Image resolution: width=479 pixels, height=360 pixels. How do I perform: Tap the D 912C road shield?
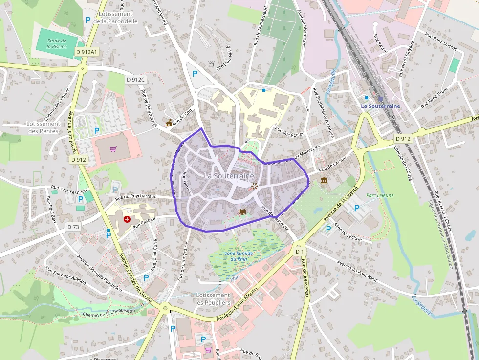click(136, 79)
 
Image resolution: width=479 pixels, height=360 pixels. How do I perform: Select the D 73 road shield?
click(73, 227)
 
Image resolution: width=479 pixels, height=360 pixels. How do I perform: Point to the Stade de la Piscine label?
click(57, 43)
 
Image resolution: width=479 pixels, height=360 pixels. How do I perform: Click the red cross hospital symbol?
click(128, 219)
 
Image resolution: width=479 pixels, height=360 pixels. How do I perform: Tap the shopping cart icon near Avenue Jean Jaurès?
click(113, 149)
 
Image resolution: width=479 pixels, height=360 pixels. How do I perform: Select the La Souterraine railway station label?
click(380, 106)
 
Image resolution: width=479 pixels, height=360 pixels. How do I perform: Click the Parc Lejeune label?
click(380, 195)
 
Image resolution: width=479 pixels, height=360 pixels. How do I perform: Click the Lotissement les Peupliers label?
click(213, 299)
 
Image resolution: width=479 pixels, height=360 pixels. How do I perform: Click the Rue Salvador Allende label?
click(65, 275)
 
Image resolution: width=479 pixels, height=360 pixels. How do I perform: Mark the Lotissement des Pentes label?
click(43, 127)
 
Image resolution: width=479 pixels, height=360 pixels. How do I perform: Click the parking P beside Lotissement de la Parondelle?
click(88, 20)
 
